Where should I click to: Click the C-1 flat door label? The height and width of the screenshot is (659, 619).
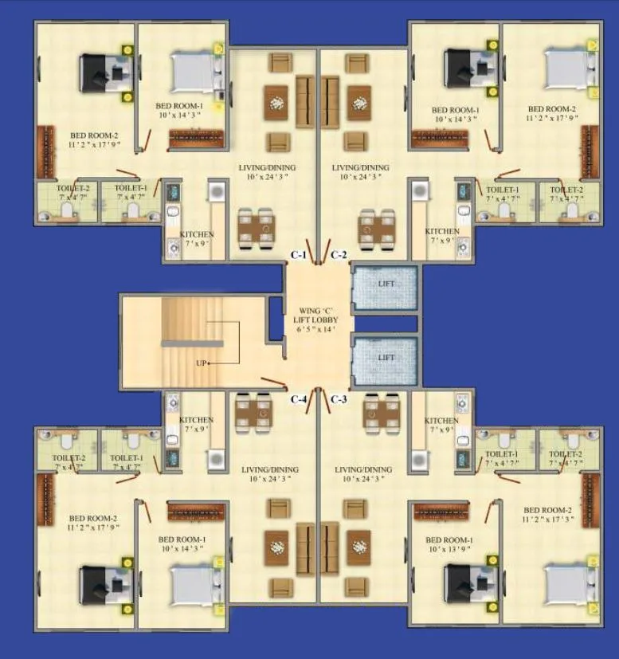pyautogui.click(x=298, y=255)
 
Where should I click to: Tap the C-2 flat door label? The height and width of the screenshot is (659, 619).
pyautogui.click(x=339, y=255)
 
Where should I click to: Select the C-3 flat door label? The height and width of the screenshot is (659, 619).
pyautogui.click(x=338, y=398)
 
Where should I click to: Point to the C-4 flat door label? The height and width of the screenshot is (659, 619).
pyautogui.click(x=299, y=398)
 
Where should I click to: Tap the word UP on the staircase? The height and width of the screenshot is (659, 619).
pyautogui.click(x=202, y=363)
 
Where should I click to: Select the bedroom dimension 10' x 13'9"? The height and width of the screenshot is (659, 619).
pyautogui.click(x=435, y=550)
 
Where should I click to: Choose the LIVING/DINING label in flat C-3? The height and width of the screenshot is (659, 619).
pyautogui.click(x=363, y=470)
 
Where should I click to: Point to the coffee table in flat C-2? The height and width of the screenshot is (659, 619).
pyautogui.click(x=359, y=103)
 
